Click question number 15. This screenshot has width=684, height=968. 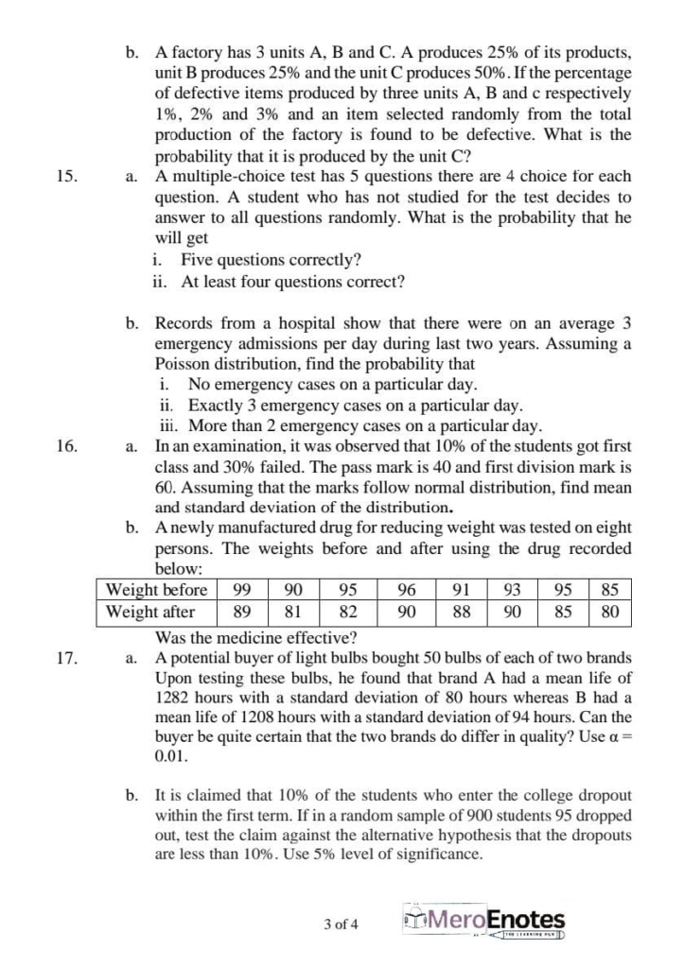click(x=67, y=176)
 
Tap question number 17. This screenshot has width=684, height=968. click(x=67, y=657)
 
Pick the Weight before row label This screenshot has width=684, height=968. click(x=156, y=590)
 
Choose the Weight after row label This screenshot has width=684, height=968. click(x=150, y=612)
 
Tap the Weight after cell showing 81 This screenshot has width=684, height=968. click(x=294, y=612)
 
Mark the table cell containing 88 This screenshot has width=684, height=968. click(x=463, y=612)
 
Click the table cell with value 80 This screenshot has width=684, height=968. click(x=610, y=612)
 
